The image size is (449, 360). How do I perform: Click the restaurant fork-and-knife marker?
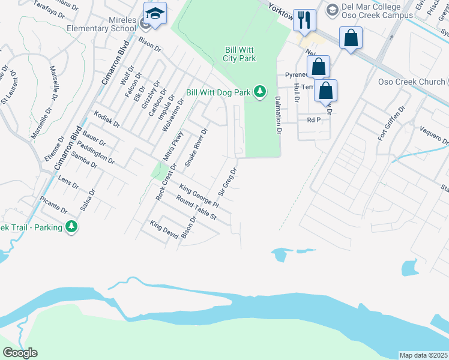(x=305, y=20)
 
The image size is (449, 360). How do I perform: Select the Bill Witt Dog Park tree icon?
(x=259, y=92)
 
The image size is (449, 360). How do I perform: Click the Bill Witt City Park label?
(x=240, y=54)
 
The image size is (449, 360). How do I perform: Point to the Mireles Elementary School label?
(x=110, y=24)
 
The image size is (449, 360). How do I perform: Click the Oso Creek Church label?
(x=411, y=82)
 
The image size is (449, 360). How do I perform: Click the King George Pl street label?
(x=200, y=197)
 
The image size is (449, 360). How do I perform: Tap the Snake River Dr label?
(x=196, y=147)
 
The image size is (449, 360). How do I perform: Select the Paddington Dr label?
(x=95, y=152)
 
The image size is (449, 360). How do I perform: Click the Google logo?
(x=20, y=353)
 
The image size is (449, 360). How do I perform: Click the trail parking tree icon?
(x=72, y=226)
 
